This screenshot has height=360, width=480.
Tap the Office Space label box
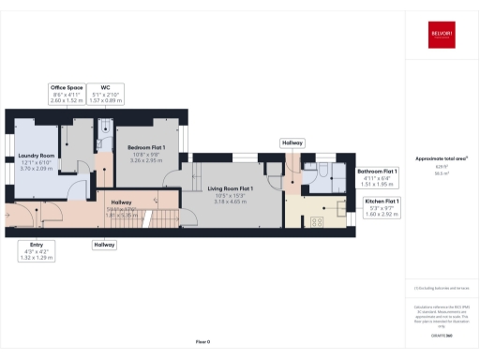(x=67, y=93)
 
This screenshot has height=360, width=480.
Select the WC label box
(x=112, y=93)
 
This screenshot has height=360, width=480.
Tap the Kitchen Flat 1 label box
(x=379, y=207)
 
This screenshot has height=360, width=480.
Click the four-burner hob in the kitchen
(x=316, y=221)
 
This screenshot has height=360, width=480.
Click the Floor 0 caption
(x=202, y=342)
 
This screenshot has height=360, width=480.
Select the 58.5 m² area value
(x=442, y=173)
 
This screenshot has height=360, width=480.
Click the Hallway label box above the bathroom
(x=292, y=142)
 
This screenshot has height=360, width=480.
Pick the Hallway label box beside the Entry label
(x=104, y=245)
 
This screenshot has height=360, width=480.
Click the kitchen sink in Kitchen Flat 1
(x=339, y=219)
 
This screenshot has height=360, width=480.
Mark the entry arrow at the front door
(x=9, y=213)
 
